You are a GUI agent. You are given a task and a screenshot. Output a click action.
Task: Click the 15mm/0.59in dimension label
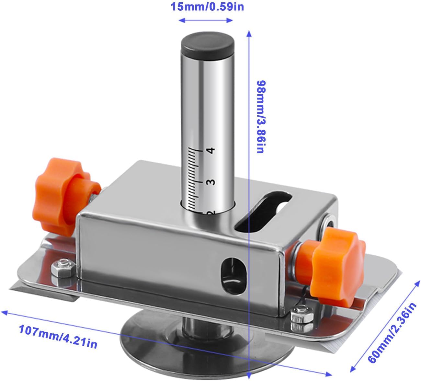point(207,6)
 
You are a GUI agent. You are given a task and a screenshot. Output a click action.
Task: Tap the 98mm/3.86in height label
point(262,117)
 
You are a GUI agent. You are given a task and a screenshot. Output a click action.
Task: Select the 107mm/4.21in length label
point(58,336)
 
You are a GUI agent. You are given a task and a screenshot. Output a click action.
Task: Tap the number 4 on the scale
point(211,150)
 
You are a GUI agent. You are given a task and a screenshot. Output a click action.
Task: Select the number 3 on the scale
point(211,182)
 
